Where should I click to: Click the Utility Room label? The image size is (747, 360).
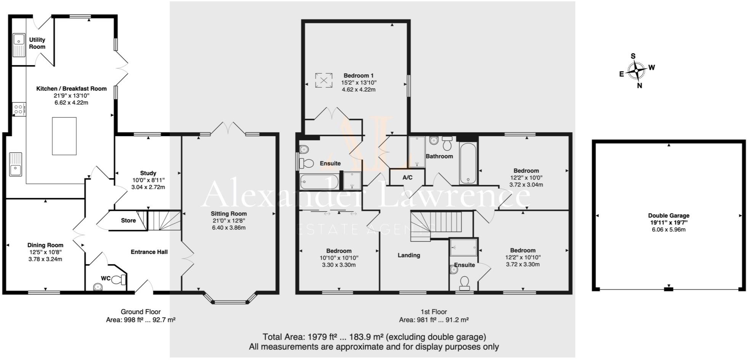[x=37, y=43]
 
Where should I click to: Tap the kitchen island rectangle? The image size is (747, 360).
[x=64, y=136]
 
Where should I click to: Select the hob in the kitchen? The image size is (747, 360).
[x=18, y=109]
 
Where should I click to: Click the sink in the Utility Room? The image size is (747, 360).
[x=19, y=45]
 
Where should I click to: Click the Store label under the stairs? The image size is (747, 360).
[x=128, y=220]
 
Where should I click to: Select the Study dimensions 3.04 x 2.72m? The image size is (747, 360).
[x=148, y=187]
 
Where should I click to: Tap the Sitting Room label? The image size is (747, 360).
[x=229, y=214]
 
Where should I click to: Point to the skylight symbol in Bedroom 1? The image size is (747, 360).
[x=324, y=80]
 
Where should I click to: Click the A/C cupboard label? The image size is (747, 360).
[x=407, y=178]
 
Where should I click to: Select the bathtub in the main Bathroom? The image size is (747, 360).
[x=468, y=164]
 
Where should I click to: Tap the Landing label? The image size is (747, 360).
[x=409, y=255]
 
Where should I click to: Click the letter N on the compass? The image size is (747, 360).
[x=640, y=86]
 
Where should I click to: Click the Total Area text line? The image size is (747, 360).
[x=374, y=337]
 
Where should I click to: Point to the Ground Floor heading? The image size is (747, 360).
[x=141, y=312]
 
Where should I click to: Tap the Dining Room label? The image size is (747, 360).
[x=45, y=245]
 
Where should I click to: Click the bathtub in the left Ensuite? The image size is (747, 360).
[x=319, y=182]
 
